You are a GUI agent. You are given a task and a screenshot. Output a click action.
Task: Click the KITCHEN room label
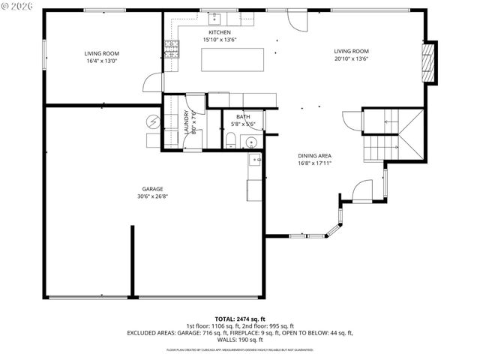point(219,33)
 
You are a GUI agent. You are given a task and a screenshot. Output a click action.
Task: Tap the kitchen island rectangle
point(232,59)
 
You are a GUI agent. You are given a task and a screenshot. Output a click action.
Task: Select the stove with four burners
point(171,49)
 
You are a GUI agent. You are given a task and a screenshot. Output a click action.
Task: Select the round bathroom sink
point(251,141)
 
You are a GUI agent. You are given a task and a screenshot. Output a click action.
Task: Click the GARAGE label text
point(153,189)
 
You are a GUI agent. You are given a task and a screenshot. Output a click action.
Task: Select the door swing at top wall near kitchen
point(298,21)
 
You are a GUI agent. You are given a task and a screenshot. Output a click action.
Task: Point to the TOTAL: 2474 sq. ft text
point(240,319)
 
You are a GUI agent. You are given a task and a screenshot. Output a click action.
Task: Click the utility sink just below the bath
point(254,160)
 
